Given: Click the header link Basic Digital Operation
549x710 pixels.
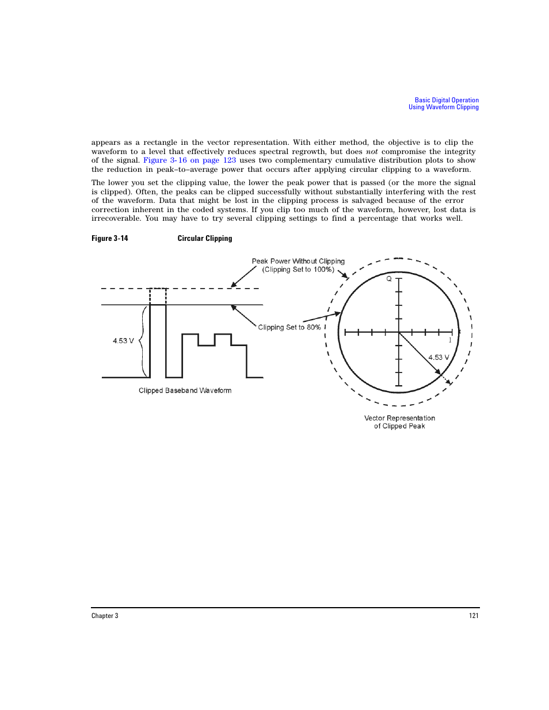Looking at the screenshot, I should (x=447, y=100).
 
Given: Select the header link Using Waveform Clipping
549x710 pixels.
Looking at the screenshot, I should (x=443, y=107).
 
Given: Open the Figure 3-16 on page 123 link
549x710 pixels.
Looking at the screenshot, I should (x=189, y=160).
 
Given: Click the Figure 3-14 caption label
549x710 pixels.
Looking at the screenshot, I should (x=109, y=238).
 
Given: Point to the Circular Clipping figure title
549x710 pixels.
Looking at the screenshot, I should (x=204, y=238).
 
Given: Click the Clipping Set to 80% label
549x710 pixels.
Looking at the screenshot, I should (x=289, y=327).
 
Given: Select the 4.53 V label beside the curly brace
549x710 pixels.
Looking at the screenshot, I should (x=123, y=341).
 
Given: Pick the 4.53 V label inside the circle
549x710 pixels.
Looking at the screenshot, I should (x=439, y=357).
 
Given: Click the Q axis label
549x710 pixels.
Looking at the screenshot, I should (x=389, y=279).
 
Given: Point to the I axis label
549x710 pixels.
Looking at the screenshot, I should (x=450, y=340).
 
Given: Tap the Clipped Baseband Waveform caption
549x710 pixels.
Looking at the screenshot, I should (x=185, y=390).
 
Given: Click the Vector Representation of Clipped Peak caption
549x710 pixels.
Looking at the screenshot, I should (x=399, y=422).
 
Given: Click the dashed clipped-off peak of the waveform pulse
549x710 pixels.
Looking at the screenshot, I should (x=158, y=296).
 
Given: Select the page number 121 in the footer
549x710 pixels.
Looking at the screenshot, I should (x=473, y=616).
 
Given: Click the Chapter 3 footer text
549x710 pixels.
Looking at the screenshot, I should (x=105, y=616).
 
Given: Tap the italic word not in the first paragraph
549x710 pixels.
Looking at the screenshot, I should (x=372, y=152).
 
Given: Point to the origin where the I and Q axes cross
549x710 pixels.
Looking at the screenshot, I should (x=399, y=332).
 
